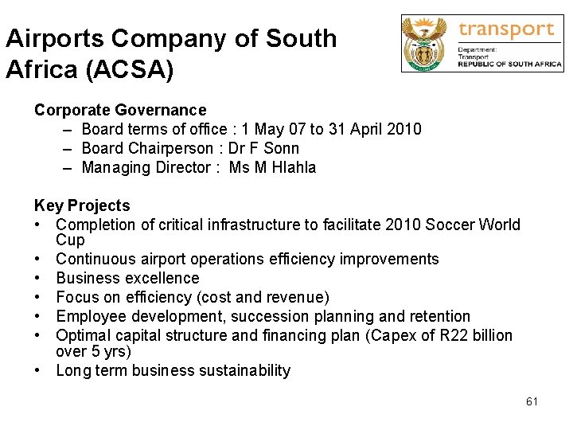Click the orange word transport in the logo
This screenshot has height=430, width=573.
(506, 29)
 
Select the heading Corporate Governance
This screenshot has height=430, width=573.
(120, 110)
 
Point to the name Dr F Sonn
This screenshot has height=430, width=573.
(263, 148)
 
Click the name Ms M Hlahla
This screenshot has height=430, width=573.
(272, 167)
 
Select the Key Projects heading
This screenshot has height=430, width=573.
(82, 205)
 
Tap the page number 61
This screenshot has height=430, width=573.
(532, 401)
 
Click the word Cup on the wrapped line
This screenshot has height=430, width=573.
(70, 240)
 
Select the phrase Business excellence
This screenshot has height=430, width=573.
(127, 278)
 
